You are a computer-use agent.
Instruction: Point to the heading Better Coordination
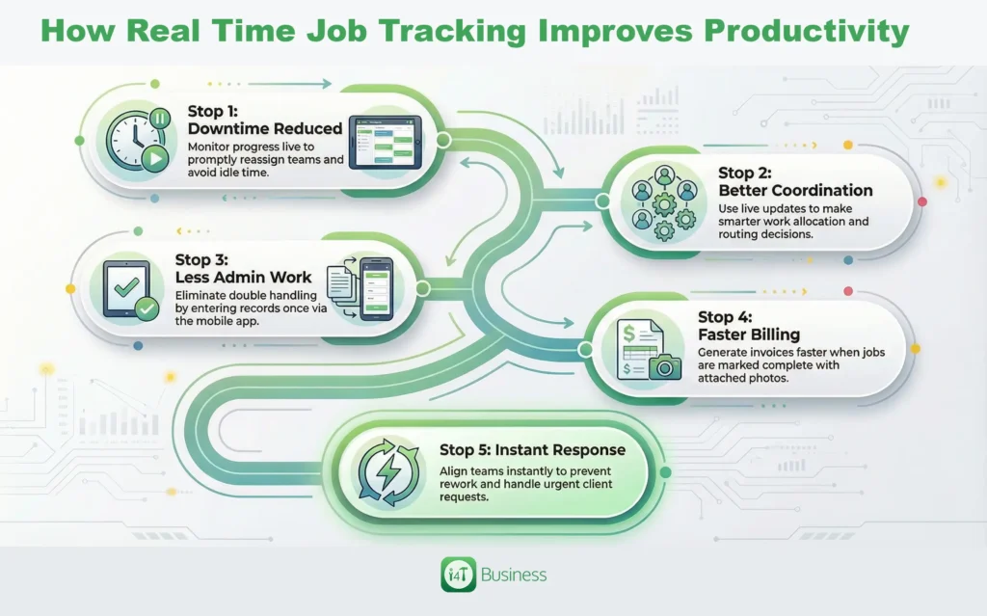(795, 190)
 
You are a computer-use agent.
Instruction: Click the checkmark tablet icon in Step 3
(127, 292)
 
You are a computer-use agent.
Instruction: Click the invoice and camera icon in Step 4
(646, 349)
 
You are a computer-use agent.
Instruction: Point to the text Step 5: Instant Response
(532, 449)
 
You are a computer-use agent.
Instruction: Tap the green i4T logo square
(458, 576)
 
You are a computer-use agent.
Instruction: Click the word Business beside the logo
(514, 576)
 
